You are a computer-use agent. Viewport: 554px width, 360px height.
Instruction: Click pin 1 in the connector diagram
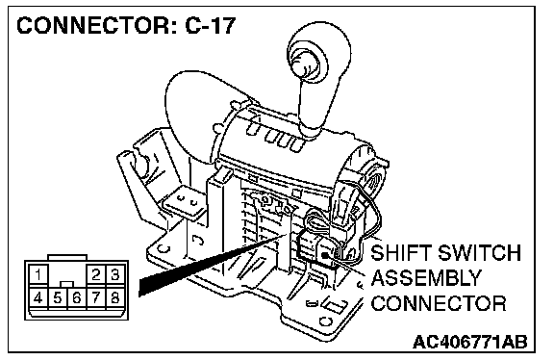coord(38,274)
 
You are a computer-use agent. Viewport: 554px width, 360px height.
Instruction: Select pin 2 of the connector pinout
coord(96,274)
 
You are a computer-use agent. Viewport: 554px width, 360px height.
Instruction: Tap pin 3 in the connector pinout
coord(114,274)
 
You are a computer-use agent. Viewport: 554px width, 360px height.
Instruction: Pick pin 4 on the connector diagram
coord(38,298)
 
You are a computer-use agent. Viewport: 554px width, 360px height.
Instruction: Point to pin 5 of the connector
coord(58,298)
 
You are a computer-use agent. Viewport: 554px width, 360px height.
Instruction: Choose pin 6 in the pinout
coord(76,298)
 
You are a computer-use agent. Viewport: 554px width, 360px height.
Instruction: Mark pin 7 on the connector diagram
coord(96,298)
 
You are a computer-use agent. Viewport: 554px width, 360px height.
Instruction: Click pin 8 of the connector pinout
coord(114,298)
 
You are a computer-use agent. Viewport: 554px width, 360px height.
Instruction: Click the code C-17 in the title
coord(211,25)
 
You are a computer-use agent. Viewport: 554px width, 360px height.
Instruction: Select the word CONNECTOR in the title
coord(95,25)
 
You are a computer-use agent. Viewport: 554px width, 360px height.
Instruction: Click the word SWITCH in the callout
coord(479,252)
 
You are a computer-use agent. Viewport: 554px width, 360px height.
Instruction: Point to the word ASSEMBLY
coord(426,278)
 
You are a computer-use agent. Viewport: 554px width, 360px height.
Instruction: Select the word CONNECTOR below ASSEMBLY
coord(439,303)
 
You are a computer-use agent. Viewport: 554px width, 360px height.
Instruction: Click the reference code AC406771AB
coord(470,342)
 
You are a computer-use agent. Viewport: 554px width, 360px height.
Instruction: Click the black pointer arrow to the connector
coord(212,265)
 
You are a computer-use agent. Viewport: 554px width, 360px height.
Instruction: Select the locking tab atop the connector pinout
coord(67,257)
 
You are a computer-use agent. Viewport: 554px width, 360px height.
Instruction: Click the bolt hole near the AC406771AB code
coord(325,321)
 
